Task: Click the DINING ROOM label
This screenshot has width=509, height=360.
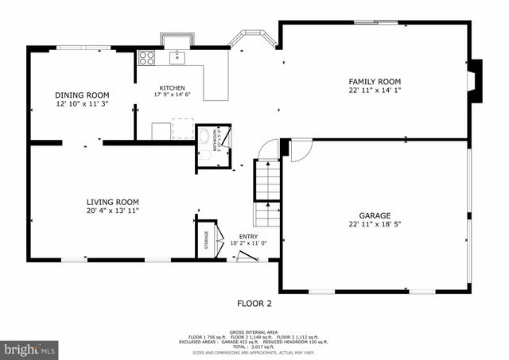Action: [82, 95]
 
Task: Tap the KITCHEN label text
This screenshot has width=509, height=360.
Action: [172, 88]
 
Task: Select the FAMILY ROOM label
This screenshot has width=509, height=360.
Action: [375, 82]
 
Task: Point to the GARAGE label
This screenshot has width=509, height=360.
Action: [375, 215]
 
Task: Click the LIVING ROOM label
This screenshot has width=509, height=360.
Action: [112, 202]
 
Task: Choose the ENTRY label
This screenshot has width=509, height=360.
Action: [248, 237]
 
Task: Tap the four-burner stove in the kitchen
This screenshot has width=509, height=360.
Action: [147, 57]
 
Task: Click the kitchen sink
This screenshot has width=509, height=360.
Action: [177, 57]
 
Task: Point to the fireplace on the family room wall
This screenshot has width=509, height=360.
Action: [473, 81]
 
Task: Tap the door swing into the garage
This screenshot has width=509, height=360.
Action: [301, 151]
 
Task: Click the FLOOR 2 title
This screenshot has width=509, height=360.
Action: [254, 304]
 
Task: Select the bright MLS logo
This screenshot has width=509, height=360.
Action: [30, 348]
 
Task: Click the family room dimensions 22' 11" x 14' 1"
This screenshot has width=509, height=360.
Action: [375, 91]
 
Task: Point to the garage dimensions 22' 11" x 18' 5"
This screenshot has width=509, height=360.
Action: [375, 225]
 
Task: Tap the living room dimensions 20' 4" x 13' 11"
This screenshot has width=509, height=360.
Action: [112, 211]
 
